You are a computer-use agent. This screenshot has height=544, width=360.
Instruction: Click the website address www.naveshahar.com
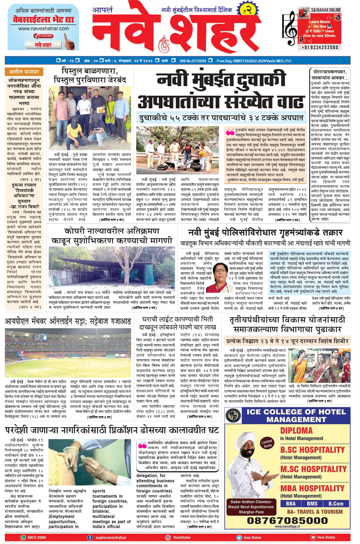pos(43,29)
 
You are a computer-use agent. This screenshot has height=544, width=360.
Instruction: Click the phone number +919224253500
pos(320,47)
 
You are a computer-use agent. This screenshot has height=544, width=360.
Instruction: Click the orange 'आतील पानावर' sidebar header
pos(24,72)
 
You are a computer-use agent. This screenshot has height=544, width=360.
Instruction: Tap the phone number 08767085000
pos(287,520)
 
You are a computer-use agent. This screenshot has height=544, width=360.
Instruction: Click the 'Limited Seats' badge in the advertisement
pos(267,443)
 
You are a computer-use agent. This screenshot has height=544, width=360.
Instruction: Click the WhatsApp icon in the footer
pos(23,537)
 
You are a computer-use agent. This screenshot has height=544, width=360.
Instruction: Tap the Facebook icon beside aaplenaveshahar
pos(90,537)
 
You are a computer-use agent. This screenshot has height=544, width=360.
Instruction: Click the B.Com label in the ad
pos(336,504)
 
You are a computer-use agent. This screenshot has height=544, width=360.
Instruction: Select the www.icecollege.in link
pos(287,526)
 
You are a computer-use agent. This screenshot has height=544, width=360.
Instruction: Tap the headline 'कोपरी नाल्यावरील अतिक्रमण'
pos(112,231)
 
